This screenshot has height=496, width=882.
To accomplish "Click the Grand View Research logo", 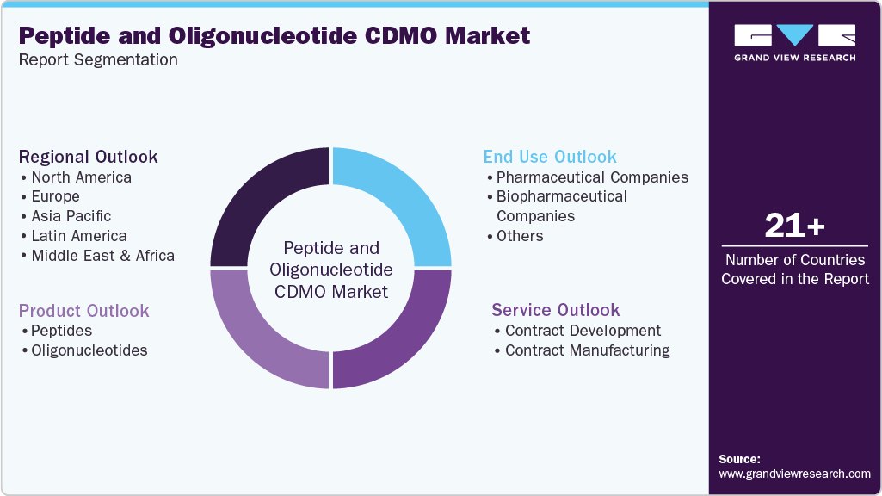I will (794, 42).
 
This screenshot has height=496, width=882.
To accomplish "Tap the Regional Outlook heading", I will (88, 157).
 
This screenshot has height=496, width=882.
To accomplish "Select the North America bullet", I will (81, 177).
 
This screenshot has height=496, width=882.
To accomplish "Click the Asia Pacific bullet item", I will (71, 216).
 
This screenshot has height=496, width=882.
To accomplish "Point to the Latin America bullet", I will (78, 236).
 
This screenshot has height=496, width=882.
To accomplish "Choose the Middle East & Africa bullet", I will (102, 256).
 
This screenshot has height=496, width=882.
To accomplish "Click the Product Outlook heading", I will (83, 311).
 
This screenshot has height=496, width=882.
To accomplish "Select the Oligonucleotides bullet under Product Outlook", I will (89, 350).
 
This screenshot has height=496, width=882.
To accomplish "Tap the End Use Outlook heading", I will (550, 157).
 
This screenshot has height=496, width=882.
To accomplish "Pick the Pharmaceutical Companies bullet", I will (592, 177).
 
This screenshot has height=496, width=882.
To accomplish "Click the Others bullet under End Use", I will (519, 236).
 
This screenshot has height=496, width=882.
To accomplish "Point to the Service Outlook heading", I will (555, 310).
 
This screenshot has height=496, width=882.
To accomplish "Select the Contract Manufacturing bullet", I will (587, 350).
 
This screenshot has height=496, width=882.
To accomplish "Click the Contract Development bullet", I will (583, 331).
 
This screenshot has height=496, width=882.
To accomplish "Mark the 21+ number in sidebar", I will (794, 226).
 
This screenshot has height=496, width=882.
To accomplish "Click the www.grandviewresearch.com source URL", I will (794, 474).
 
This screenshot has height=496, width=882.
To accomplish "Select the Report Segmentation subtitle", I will (98, 59).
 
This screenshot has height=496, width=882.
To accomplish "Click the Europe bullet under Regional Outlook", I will (55, 196).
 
